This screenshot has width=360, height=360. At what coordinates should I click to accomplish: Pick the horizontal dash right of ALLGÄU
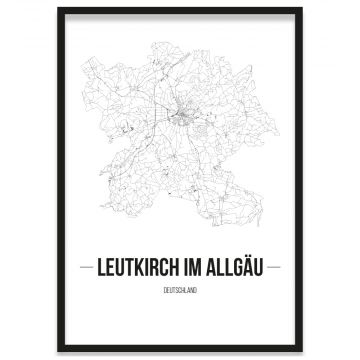(x=275, y=269)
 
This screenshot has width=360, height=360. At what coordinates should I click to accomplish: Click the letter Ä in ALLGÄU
(x=248, y=269)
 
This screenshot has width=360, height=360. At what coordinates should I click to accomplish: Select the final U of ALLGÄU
(x=260, y=269)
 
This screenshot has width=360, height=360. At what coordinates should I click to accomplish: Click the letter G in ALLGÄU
(x=236, y=269)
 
